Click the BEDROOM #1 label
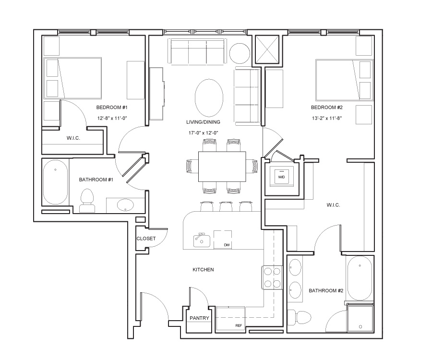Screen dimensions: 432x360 (x=112, y=107)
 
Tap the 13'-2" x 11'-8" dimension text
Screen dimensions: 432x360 (x=327, y=118)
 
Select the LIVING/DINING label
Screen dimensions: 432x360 (x=204, y=122)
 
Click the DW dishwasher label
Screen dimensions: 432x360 (x=227, y=245)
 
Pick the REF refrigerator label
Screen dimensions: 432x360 (x=239, y=325)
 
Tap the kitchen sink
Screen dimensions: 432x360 (x=202, y=240)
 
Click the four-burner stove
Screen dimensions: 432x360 (x=272, y=277)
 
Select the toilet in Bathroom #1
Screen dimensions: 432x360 (x=87, y=201)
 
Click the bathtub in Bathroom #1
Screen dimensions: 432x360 (x=55, y=182)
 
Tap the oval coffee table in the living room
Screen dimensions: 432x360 (x=209, y=98)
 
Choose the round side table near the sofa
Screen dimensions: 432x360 (x=240, y=53)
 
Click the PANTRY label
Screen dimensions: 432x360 (x=200, y=318)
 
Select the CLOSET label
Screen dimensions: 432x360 (x=146, y=239)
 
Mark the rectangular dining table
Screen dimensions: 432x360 (x=222, y=167)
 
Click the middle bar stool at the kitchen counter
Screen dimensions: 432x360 (x=226, y=206)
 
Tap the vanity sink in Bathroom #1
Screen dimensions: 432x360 (x=125, y=205)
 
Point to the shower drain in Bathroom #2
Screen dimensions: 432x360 (x=360, y=327)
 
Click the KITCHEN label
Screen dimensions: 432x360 (x=204, y=270)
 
